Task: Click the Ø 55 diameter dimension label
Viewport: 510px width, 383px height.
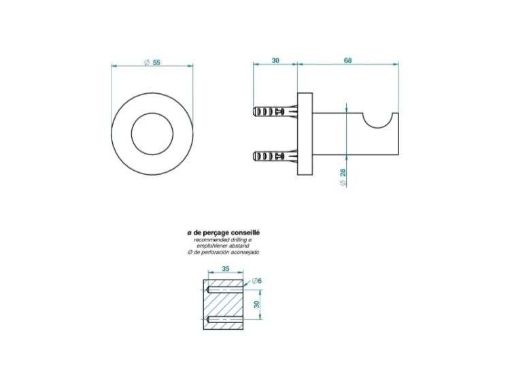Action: [x=152, y=62]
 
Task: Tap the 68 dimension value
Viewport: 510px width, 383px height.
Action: [x=347, y=60]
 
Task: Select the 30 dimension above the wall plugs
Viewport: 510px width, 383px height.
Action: [x=275, y=60]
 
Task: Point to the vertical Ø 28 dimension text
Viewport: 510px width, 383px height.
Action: [x=342, y=177]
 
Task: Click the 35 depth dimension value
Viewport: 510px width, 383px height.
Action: [x=225, y=269]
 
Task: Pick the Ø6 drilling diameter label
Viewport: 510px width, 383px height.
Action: [x=257, y=280]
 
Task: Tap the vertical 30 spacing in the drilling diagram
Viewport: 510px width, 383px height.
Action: [x=257, y=305]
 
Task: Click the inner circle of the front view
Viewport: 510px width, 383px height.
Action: [x=152, y=113]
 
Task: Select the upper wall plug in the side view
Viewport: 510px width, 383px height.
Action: [x=275, y=112]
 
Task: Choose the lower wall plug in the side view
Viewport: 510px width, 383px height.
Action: [x=275, y=156]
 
